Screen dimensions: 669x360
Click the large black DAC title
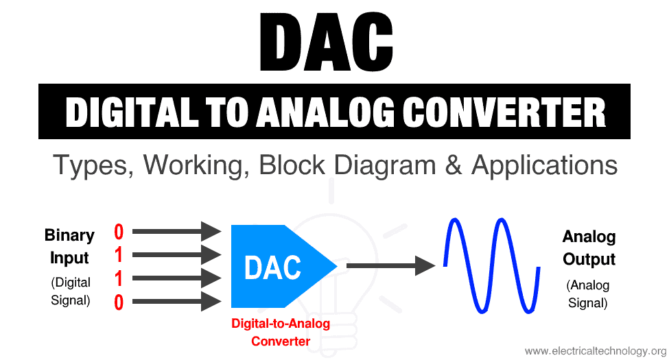326,42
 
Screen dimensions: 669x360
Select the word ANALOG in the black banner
325,112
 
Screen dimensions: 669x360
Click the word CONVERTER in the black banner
504,112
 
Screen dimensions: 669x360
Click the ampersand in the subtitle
454,165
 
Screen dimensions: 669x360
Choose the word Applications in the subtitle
544,165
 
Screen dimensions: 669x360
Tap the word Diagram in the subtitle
385,165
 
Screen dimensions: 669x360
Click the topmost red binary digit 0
119,232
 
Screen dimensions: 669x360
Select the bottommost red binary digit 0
119,302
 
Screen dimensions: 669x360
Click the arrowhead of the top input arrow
211,232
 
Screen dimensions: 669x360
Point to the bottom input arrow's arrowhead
211,302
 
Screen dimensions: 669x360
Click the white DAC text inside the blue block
272,267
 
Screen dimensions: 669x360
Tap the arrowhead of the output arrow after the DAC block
425,266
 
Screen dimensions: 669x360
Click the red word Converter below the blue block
281,341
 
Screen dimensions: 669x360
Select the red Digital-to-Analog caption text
281,324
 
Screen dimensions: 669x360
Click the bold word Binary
69,236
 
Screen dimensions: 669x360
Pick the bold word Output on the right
589,259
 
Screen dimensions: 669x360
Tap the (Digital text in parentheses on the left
71,283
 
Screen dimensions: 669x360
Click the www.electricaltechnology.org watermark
596,351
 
